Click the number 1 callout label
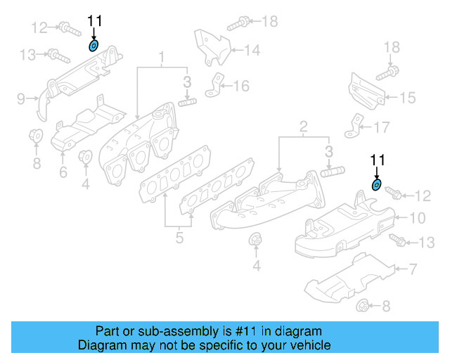(161, 56)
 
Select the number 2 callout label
(303, 127)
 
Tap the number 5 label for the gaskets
(179, 238)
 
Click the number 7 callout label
(413, 269)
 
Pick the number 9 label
(21, 98)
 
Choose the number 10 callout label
(418, 218)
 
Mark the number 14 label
(252, 51)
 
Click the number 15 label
(407, 98)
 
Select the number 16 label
(241, 86)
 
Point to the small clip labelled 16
(214, 87)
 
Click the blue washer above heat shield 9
(94, 47)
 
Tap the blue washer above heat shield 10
(377, 185)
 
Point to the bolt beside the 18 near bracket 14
(236, 23)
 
